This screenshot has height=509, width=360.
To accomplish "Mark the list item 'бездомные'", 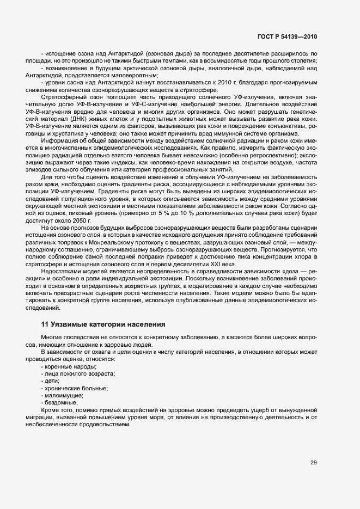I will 60,402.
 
